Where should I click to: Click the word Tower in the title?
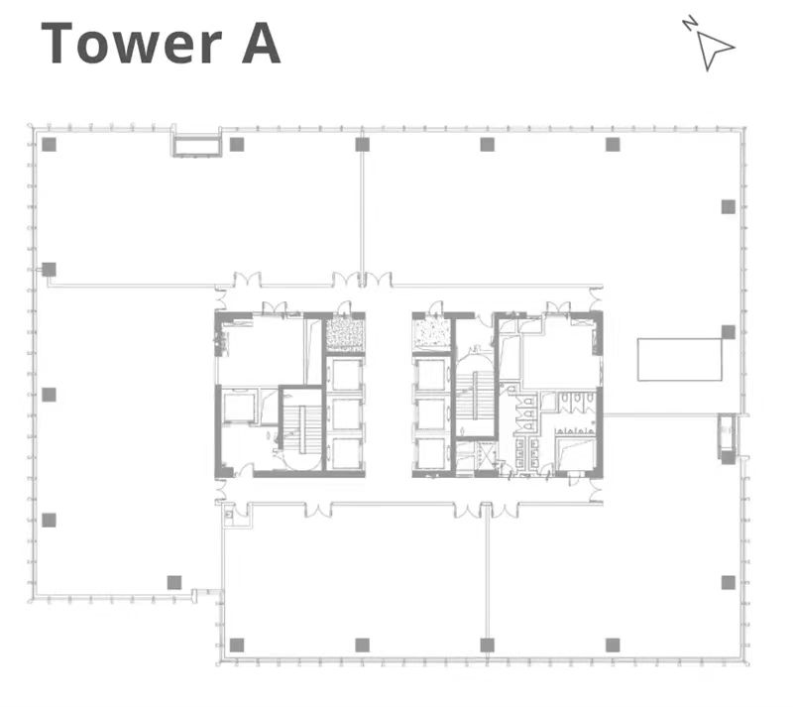pos(132,44)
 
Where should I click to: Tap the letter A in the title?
pos(261,44)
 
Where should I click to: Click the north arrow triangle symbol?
pos(714,50)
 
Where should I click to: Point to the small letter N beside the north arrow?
pos(689,23)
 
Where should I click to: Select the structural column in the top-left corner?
pos(49,145)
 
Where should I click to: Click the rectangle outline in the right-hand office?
pos(679,359)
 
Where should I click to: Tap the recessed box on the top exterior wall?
pos(196,146)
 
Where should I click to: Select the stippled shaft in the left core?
pos(344,334)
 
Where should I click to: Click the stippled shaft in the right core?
pos(431,334)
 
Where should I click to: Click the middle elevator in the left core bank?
pos(346,414)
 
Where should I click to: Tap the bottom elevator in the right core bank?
pos(430,453)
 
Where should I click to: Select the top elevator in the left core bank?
pos(346,375)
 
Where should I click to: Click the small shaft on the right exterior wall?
pos(727,435)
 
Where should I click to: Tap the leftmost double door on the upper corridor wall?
pos(247,279)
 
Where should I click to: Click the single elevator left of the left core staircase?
pos(239,408)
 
